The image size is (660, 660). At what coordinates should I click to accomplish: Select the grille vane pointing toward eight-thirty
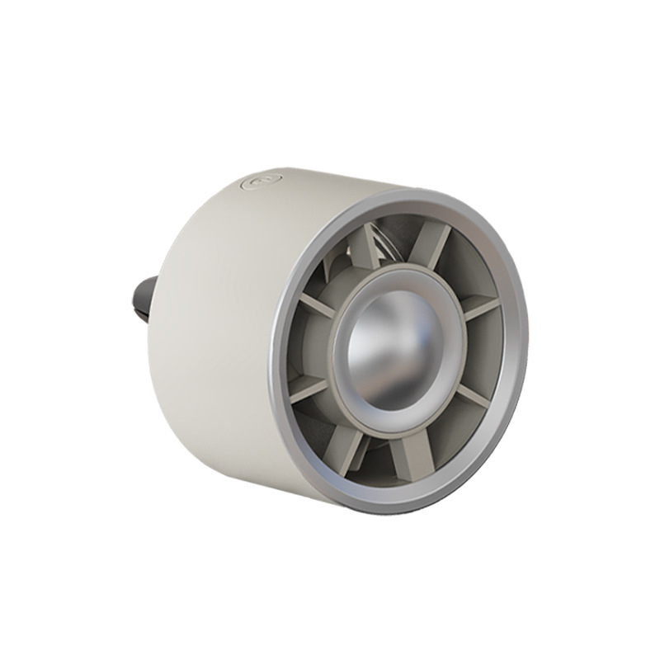tap(309, 388)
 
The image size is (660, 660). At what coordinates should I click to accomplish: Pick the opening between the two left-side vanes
tap(305, 346)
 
